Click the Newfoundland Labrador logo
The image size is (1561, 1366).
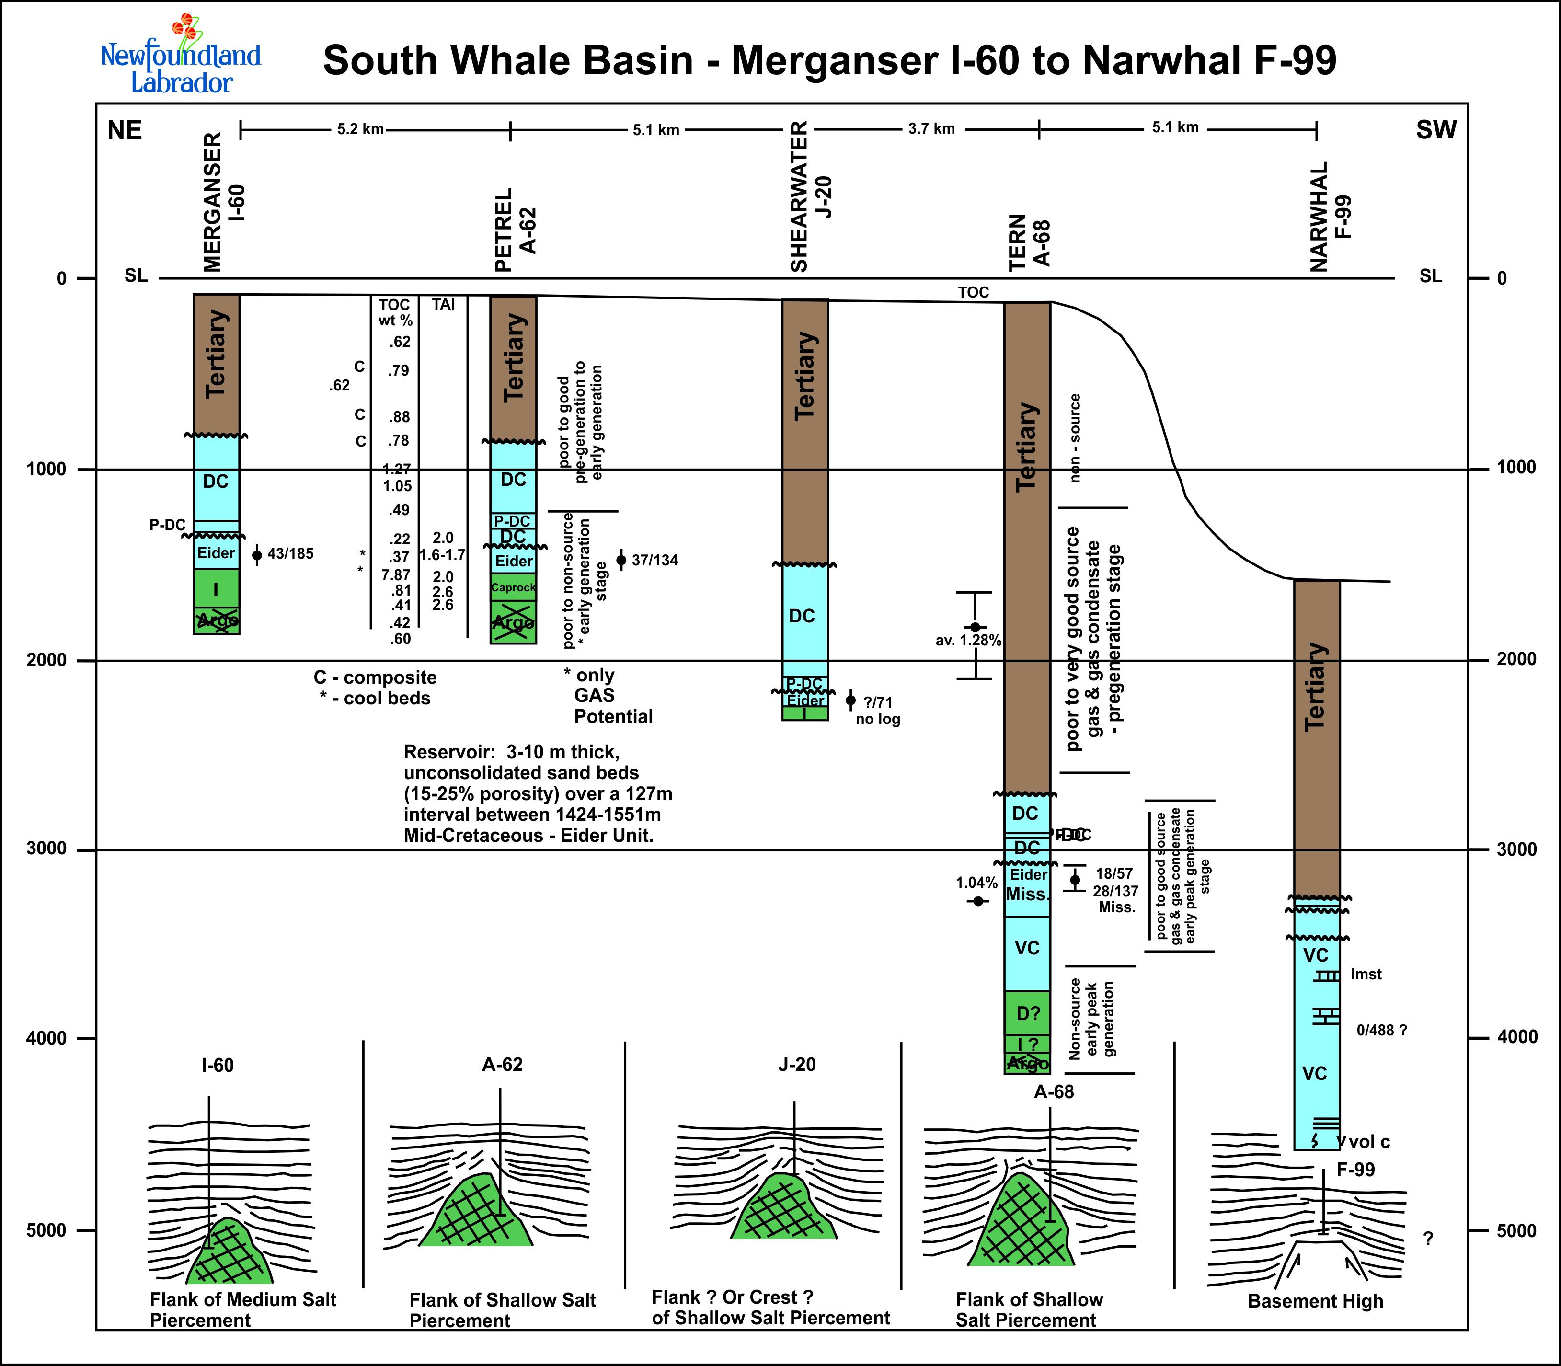click(181, 57)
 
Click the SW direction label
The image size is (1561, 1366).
click(1436, 130)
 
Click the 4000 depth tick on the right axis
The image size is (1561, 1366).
click(1516, 1037)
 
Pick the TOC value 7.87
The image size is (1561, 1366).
click(396, 575)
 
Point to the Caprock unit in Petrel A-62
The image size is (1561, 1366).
click(513, 588)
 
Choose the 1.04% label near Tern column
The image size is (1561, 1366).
click(976, 883)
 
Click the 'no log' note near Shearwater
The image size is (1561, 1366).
click(877, 720)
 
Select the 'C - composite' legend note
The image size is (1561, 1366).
click(375, 677)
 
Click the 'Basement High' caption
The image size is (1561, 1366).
click(1315, 1301)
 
